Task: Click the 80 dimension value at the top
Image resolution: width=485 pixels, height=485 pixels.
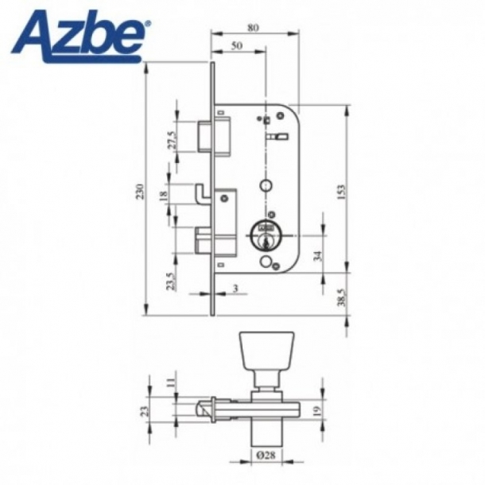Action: click(253, 27)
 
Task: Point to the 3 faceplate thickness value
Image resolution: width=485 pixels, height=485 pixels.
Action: click(236, 288)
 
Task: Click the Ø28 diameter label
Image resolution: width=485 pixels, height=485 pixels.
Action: click(266, 456)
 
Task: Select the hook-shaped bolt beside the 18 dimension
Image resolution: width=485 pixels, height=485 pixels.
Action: click(204, 193)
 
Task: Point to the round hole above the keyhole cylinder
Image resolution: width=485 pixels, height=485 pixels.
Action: click(264, 185)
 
